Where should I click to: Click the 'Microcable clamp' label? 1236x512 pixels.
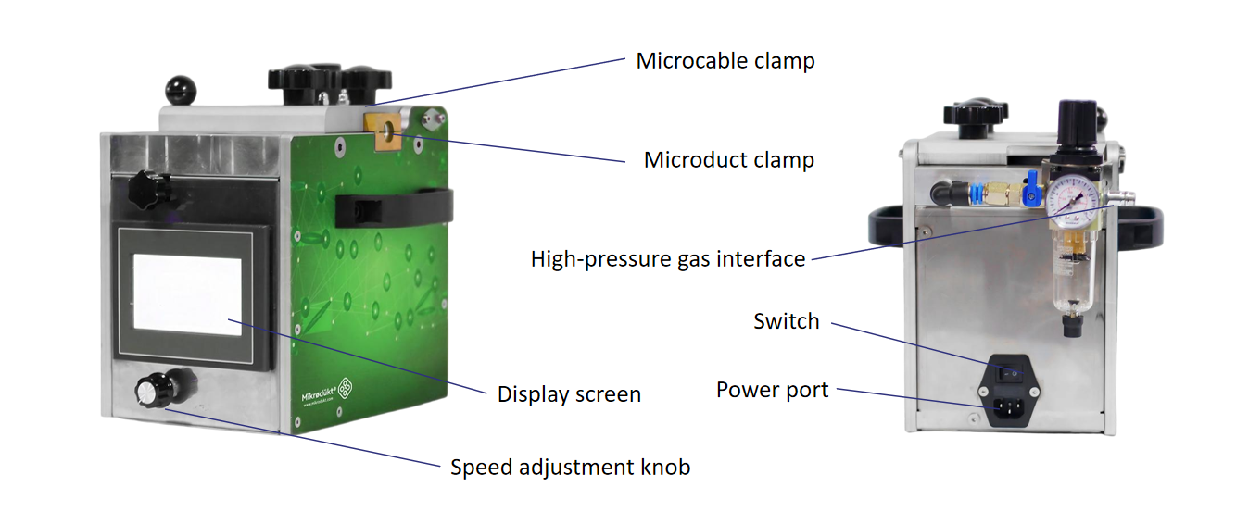click(x=725, y=62)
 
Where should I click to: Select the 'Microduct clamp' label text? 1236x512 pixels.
click(x=728, y=160)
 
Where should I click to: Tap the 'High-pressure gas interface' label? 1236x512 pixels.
click(x=667, y=259)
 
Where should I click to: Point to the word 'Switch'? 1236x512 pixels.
click(x=787, y=321)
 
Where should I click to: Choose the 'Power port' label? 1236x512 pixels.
click(x=772, y=390)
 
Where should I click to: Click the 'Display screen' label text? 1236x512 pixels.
click(x=569, y=394)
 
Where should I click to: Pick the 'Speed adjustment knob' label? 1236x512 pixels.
click(x=570, y=468)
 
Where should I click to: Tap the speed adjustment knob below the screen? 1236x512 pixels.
click(x=148, y=392)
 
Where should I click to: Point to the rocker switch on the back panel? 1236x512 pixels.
click(x=1014, y=373)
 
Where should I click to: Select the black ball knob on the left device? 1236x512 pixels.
click(x=177, y=90)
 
